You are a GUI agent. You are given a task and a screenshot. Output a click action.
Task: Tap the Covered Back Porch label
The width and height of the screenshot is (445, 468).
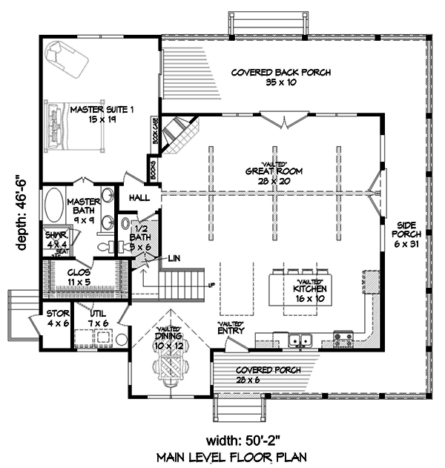[x=280, y=77]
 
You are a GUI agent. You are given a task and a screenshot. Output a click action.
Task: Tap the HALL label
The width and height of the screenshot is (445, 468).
[x=139, y=198]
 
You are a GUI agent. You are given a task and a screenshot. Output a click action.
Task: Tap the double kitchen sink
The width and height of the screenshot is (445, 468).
[x=300, y=341]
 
